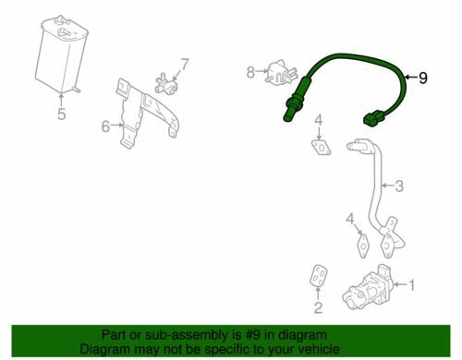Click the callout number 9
click(423, 78)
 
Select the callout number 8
click(250, 73)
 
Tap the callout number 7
click(184, 65)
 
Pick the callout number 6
click(105, 126)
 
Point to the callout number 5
click(62, 114)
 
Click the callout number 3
click(399, 186)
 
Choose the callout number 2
click(318, 307)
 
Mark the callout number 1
click(411, 285)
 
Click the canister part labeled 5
click(61, 54)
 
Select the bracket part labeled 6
click(145, 113)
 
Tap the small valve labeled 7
click(166, 84)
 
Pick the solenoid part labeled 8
click(281, 73)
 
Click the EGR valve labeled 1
click(368, 287)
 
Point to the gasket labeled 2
click(319, 276)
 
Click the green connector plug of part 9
click(373, 119)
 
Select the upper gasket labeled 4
click(321, 147)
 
